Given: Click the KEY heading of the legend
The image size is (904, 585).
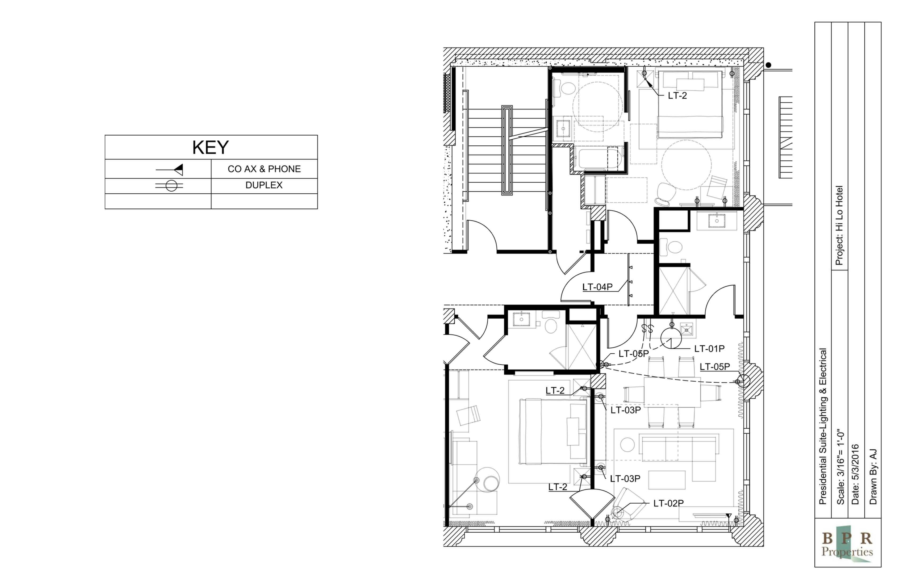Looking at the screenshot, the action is coord(210,147).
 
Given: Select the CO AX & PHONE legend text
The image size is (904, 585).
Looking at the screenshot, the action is coord(264,169).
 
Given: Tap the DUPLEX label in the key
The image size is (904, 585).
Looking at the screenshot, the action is coord(264,185).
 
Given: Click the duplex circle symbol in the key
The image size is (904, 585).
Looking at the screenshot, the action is coord(171,186).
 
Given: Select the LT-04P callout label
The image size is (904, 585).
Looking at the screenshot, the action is coord(597,287).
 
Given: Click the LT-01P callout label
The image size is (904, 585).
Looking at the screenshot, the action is coord(709,348).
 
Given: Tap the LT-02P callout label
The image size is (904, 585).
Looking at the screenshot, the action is coord(668,503).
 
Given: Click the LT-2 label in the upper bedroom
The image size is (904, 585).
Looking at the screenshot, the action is coord(677,96).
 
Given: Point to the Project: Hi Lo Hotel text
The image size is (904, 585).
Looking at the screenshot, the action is coord(839,225).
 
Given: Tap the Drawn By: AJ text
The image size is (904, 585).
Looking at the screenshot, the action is coord(873,477).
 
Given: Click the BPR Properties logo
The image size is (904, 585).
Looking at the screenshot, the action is coord(847,545).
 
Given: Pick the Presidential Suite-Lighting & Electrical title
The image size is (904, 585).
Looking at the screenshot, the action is coord(823,427).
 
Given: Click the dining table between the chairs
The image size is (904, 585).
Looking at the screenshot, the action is coord(672,392).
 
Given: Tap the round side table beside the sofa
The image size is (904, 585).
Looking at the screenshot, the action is coord(627,444).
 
